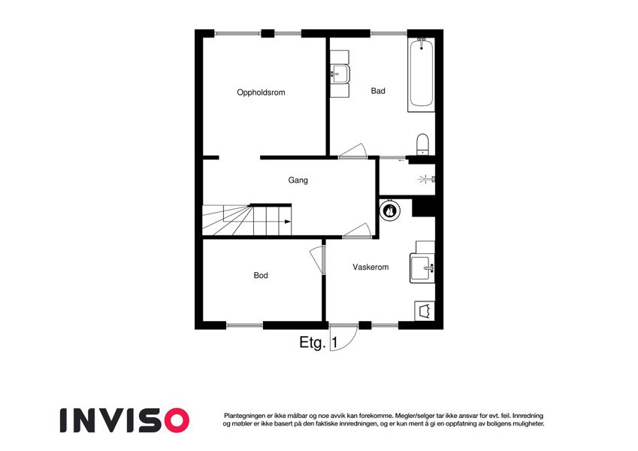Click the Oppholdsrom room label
261,92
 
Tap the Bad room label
378,91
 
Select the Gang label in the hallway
298,180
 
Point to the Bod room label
261,275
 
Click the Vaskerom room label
370,267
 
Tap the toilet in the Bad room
423,144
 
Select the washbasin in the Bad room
340,74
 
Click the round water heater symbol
390,210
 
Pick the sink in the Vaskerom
422,268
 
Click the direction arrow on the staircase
288,222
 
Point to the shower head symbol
425,179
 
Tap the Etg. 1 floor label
318,342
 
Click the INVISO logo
125,420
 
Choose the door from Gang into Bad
352,151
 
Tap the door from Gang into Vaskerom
357,230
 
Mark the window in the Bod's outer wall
244,325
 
